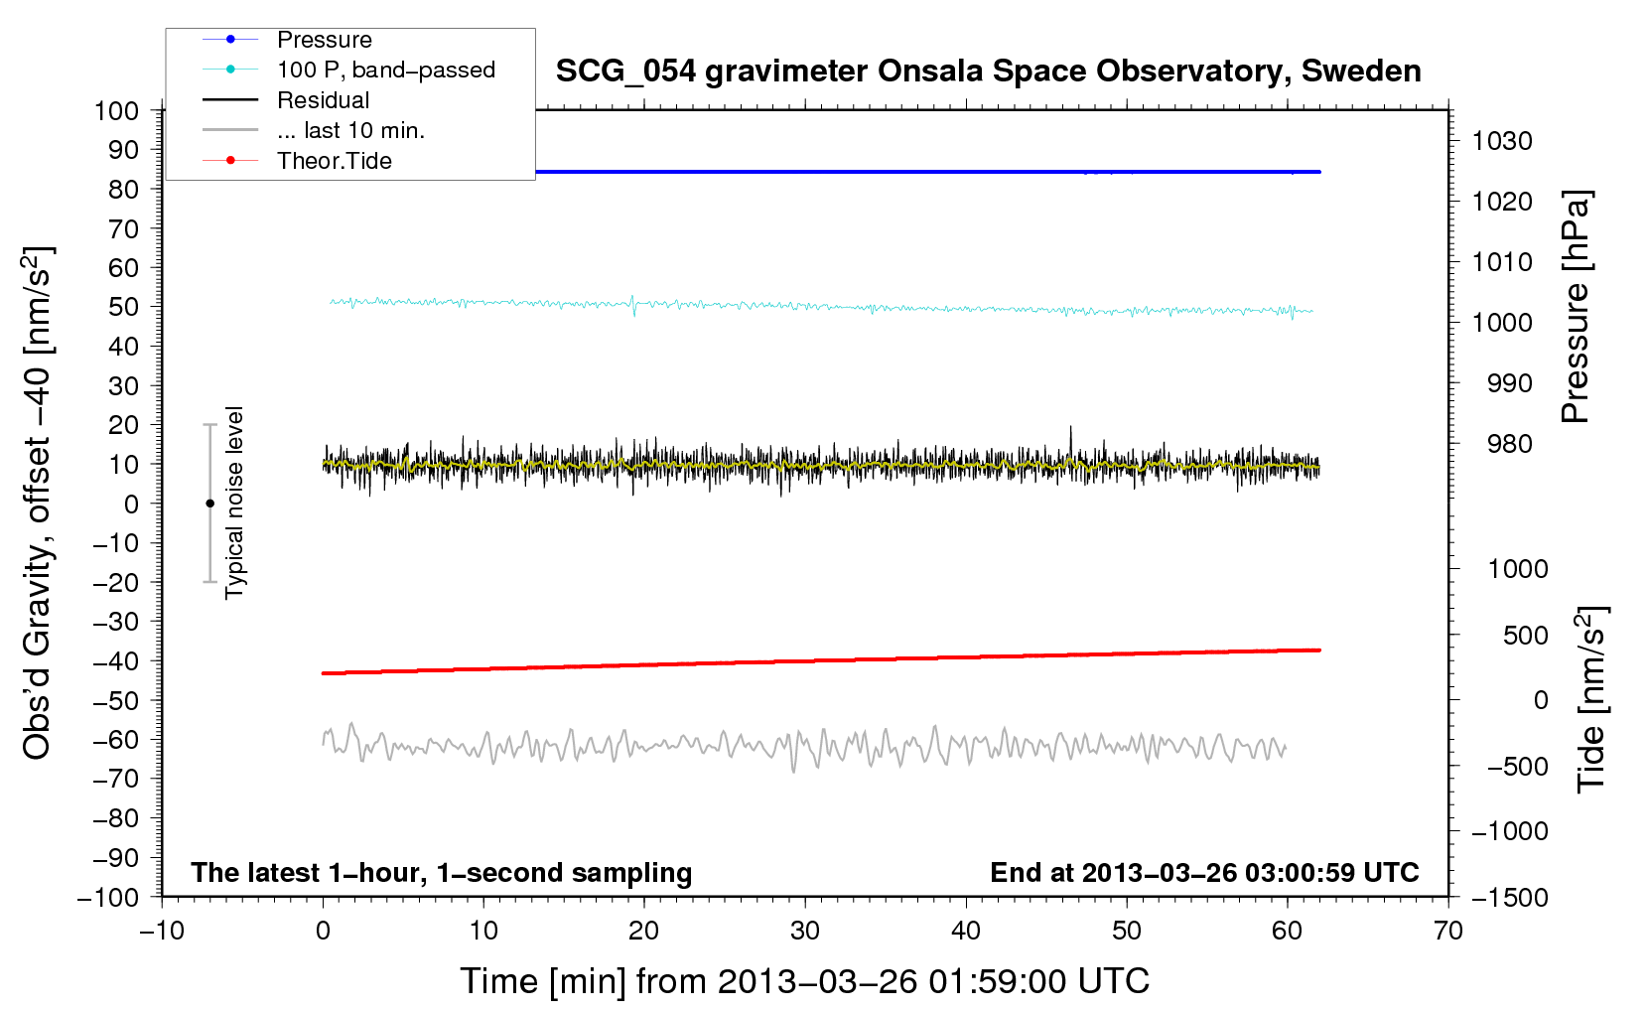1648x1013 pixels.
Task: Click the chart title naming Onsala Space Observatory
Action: pyautogui.click(x=988, y=72)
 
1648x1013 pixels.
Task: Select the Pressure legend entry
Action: pyautogui.click(x=324, y=40)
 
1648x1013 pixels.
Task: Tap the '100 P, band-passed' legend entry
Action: pyautogui.click(x=385, y=70)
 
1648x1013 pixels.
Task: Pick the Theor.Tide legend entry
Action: pyautogui.click(x=334, y=161)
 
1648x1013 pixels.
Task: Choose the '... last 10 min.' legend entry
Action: pyautogui.click(x=349, y=130)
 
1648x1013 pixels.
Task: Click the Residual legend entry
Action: pyautogui.click(x=323, y=100)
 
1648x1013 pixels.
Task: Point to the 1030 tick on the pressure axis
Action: pyautogui.click(x=1501, y=141)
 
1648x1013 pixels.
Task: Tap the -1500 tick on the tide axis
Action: pyautogui.click(x=1510, y=898)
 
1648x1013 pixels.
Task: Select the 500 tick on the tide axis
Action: pyautogui.click(x=1526, y=635)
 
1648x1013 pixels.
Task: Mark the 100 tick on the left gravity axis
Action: pyautogui.click(x=116, y=110)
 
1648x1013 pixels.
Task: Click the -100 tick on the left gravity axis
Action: pyautogui.click(x=108, y=897)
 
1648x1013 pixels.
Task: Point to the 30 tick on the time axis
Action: pyautogui.click(x=805, y=931)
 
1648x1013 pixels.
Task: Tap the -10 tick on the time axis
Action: pyautogui.click(x=162, y=931)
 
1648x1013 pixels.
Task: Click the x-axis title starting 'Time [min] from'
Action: pyautogui.click(x=804, y=981)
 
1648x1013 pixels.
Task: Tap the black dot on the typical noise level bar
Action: pyautogui.click(x=209, y=504)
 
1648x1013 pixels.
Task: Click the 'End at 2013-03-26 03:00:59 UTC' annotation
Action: pyautogui.click(x=1204, y=873)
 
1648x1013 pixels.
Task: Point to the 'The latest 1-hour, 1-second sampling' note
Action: pyautogui.click(x=442, y=873)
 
